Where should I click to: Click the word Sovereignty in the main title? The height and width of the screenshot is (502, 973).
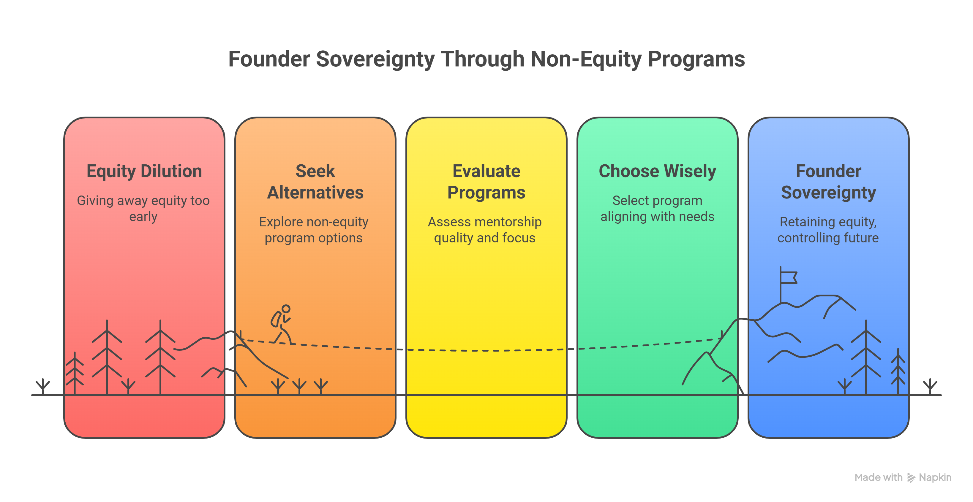(375, 59)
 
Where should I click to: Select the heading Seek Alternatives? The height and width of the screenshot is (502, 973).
(315, 182)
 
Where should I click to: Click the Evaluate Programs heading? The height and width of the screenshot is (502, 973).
(486, 182)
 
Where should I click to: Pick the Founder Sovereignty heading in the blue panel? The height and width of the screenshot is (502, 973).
(828, 182)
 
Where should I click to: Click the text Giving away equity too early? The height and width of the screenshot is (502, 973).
(143, 208)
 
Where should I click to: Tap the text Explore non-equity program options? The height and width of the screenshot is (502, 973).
(314, 230)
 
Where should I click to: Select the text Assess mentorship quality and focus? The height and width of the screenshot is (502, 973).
(485, 230)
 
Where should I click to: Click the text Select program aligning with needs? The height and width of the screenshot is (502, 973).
(657, 208)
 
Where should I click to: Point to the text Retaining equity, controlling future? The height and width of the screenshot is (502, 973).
(828, 230)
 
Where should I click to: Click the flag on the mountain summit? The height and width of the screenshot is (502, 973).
(788, 277)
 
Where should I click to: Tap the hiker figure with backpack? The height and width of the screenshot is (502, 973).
(281, 325)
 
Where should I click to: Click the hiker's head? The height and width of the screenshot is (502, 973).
(286, 309)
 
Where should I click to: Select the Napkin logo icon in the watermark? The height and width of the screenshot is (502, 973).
(911, 478)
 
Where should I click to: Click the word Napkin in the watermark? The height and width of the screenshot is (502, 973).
(935, 477)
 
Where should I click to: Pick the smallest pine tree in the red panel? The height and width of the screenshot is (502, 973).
(75, 374)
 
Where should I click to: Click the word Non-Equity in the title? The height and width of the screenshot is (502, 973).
(586, 59)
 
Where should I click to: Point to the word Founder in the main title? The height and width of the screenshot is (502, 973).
(268, 59)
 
